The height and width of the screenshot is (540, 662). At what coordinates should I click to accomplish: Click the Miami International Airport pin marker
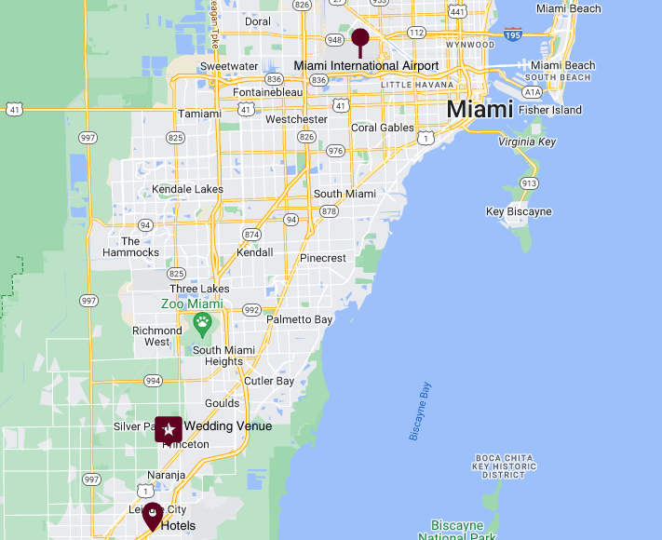(x=360, y=39)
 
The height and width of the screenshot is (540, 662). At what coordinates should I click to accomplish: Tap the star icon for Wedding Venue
(x=169, y=429)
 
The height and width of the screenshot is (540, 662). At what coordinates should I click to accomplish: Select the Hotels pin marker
(x=152, y=516)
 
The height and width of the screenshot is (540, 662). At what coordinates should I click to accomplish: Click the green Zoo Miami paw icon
(x=202, y=324)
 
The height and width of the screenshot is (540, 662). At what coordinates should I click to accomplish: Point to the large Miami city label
(x=480, y=109)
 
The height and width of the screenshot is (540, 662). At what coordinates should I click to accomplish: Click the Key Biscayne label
(x=519, y=211)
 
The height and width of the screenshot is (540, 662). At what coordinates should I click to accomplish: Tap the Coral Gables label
(x=382, y=128)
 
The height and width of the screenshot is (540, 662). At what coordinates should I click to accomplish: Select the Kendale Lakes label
(x=187, y=189)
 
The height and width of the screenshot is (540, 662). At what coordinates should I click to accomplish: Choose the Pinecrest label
(x=323, y=258)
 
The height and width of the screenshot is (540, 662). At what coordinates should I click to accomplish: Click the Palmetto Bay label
(x=299, y=319)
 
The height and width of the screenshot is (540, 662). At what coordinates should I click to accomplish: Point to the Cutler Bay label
(x=268, y=381)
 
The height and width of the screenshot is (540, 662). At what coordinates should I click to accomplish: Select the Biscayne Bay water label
(x=421, y=411)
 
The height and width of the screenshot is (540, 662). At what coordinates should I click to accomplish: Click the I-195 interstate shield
(x=513, y=34)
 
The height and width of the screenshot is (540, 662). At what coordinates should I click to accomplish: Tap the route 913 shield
(x=529, y=183)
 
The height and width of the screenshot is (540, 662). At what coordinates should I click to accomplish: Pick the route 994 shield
(x=154, y=380)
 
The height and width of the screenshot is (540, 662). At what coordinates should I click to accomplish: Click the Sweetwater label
(x=228, y=66)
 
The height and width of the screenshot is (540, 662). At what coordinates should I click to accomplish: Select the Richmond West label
(x=157, y=336)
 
